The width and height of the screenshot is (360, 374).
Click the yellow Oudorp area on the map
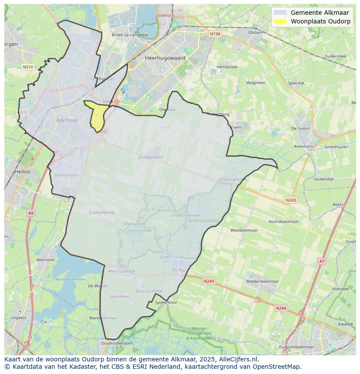tap(97, 116)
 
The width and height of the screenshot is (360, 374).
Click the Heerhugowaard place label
tap(165, 58)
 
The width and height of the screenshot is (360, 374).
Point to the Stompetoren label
tap(150, 157)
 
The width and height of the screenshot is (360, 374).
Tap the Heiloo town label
tap(22, 172)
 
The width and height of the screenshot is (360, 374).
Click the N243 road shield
tap(291, 200)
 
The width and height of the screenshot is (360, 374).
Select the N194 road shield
tap(214, 33)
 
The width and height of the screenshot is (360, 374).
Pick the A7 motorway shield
tap(321, 261)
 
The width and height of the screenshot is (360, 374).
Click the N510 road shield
tap(28, 67)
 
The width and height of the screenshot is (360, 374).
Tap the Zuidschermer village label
tap(102, 212)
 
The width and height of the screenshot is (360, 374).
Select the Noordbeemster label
tap(283, 222)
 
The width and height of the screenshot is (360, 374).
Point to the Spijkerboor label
tap(166, 302)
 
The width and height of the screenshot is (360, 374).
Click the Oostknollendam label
tap(117, 343)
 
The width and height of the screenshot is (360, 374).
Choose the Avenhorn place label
tap(303, 146)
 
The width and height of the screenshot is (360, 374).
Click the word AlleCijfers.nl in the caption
tap(237, 359)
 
